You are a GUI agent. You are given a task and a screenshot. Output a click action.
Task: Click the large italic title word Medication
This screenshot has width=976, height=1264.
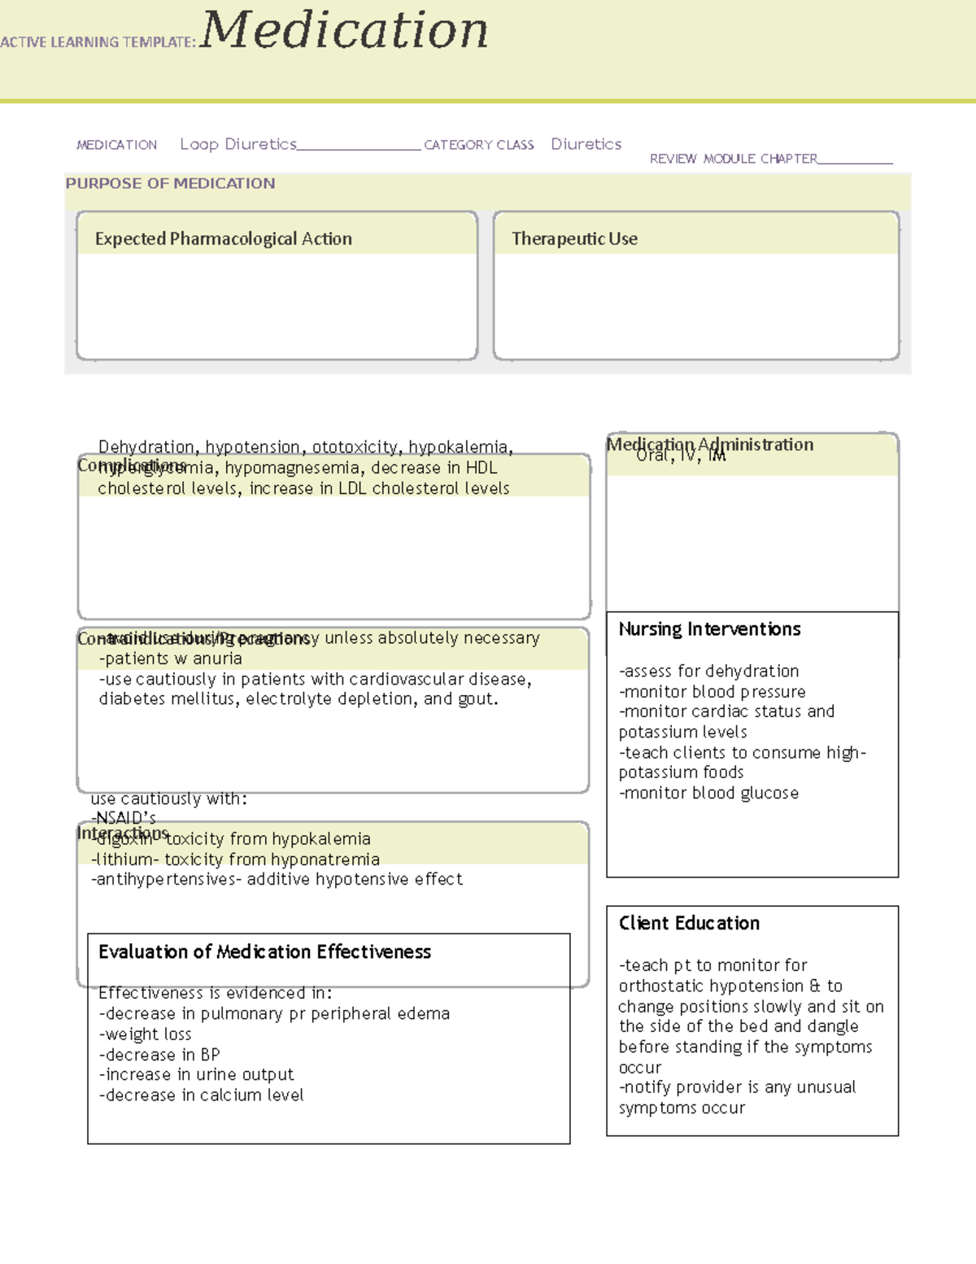344,31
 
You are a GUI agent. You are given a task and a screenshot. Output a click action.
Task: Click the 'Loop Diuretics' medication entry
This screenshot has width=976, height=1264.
238,144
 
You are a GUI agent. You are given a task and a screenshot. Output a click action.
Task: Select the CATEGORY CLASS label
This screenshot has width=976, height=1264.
478,145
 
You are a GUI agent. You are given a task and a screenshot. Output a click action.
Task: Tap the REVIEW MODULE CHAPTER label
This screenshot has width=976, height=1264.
733,159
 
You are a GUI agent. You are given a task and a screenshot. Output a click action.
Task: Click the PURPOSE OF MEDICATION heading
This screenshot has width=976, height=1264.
170,184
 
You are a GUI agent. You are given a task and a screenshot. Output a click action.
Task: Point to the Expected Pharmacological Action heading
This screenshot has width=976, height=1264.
223,238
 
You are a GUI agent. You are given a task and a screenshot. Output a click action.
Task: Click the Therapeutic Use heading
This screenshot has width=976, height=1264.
574,238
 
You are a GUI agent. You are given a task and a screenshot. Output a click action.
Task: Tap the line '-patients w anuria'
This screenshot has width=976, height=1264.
170,658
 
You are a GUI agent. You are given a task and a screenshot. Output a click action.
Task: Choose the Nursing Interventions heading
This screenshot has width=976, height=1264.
709,629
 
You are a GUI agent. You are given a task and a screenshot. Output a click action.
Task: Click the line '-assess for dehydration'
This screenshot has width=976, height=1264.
709,671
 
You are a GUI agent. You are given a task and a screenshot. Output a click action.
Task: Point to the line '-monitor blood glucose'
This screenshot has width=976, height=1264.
709,793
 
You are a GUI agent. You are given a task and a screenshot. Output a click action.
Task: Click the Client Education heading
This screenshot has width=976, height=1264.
689,923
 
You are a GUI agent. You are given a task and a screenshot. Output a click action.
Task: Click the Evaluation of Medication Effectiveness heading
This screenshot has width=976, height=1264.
264,951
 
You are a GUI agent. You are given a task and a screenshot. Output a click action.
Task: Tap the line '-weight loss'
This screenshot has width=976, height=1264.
146,1034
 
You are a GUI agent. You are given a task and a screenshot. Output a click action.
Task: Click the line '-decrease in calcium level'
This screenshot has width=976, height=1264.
202,1096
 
